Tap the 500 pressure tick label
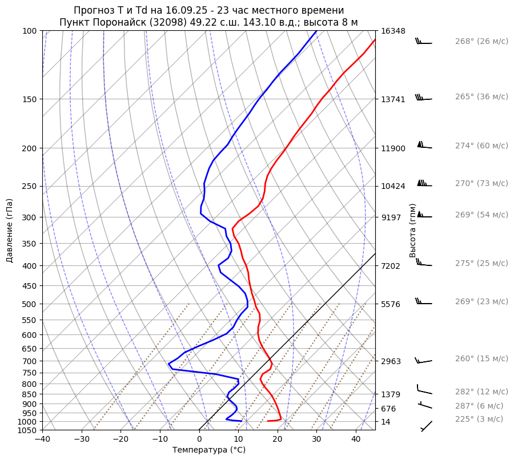click(x=30, y=304)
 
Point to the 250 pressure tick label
click(x=30, y=186)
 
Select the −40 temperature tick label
click(x=42, y=439)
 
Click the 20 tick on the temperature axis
click(x=278, y=439)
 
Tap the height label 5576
click(x=392, y=304)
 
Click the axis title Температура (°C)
click(x=209, y=450)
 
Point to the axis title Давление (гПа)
click(x=10, y=231)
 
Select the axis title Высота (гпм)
click(x=412, y=231)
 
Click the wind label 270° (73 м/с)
click(x=481, y=184)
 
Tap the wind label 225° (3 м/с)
click(x=479, y=419)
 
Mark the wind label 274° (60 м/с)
click(x=481, y=146)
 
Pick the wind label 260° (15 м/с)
click(x=481, y=359)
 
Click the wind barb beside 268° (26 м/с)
click(x=424, y=42)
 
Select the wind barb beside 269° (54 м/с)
click(x=424, y=215)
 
